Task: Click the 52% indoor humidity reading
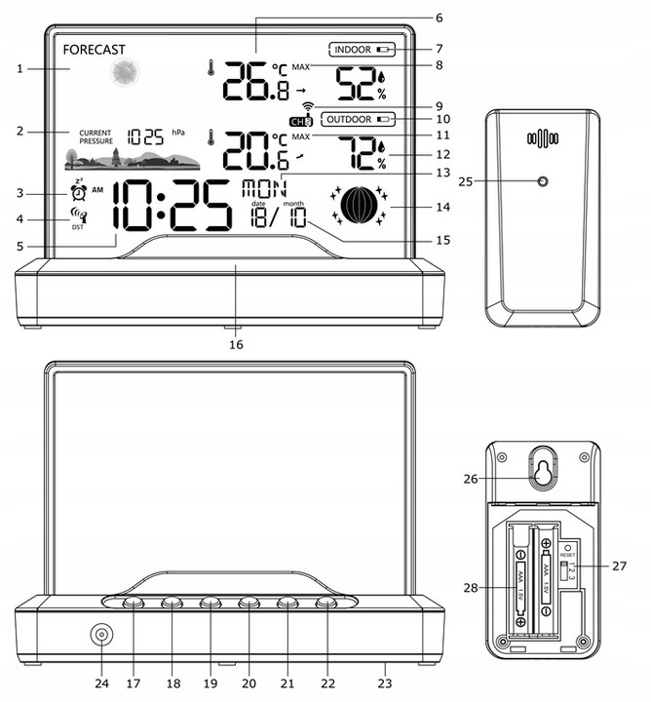click(361, 84)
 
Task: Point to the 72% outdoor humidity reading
click(361, 152)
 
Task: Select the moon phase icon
click(360, 205)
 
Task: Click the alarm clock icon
click(79, 192)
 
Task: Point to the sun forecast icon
click(124, 74)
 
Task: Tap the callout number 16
click(235, 343)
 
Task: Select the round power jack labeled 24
click(100, 635)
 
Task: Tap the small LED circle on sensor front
click(543, 182)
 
